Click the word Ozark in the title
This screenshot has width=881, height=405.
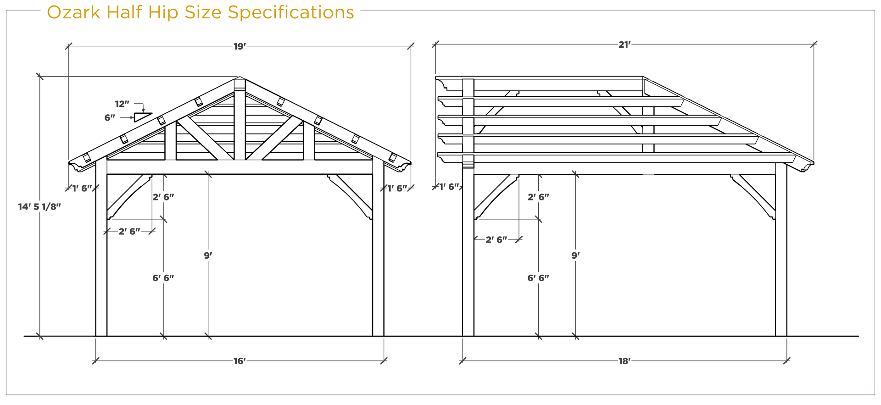[73, 12]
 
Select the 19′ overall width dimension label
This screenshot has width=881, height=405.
[240, 46]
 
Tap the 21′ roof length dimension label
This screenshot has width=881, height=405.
[625, 44]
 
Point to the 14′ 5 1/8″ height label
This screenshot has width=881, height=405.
[39, 207]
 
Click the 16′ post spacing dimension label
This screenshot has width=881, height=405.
[240, 361]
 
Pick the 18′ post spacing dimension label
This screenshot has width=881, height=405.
[624, 361]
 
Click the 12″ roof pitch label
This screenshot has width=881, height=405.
[122, 104]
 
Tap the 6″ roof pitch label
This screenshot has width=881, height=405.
[110, 118]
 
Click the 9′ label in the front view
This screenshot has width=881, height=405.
[208, 255]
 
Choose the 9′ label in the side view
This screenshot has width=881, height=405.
[575, 255]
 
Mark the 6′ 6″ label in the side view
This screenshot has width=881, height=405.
[538, 278]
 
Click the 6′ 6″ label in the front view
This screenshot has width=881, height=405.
[163, 278]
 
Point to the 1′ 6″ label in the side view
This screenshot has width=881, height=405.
[449, 187]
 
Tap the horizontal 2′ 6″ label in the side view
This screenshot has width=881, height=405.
[496, 239]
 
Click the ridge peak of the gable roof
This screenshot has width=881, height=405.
[240, 77]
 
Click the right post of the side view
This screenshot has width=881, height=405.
[781, 250]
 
